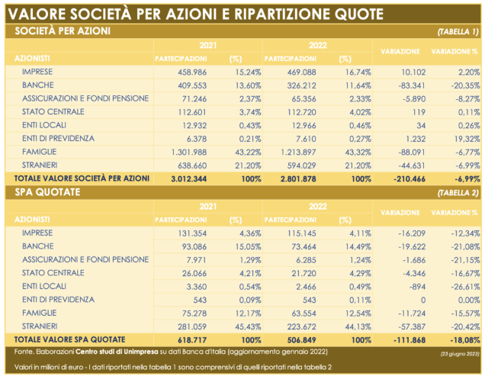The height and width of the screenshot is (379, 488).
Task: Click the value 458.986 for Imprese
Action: click(192, 72)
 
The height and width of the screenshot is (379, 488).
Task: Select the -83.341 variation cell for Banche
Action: click(412, 85)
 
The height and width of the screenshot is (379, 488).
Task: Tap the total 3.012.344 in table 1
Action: click(188, 179)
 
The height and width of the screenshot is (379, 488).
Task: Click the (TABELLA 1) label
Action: click(457, 32)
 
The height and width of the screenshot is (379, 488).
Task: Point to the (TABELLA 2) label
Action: click(457, 193)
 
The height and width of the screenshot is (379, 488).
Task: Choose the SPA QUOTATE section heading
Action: click(47, 192)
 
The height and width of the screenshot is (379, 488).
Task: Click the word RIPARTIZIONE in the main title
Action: click(282, 14)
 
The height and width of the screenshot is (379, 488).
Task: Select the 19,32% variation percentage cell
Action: click(467, 139)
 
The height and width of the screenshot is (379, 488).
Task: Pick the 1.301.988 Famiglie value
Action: click(189, 153)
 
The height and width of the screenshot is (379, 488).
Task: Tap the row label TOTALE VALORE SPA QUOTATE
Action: click(69, 339)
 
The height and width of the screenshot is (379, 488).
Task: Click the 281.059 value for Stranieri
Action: click(192, 326)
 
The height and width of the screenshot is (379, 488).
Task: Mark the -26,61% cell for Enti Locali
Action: click(465, 287)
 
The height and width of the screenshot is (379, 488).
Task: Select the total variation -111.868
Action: click(409, 340)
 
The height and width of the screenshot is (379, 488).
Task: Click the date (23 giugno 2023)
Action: click(459, 354)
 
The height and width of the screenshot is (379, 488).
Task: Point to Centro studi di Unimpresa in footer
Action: click(117, 352)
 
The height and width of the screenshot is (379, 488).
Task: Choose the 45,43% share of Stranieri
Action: click(248, 326)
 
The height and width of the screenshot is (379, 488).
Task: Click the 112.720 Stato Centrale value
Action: click(302, 112)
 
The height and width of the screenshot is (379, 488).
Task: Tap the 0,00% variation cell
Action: click(469, 300)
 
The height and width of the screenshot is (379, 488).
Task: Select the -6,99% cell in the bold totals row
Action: click(467, 179)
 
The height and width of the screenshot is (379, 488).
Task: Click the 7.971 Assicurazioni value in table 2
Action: click(197, 260)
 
